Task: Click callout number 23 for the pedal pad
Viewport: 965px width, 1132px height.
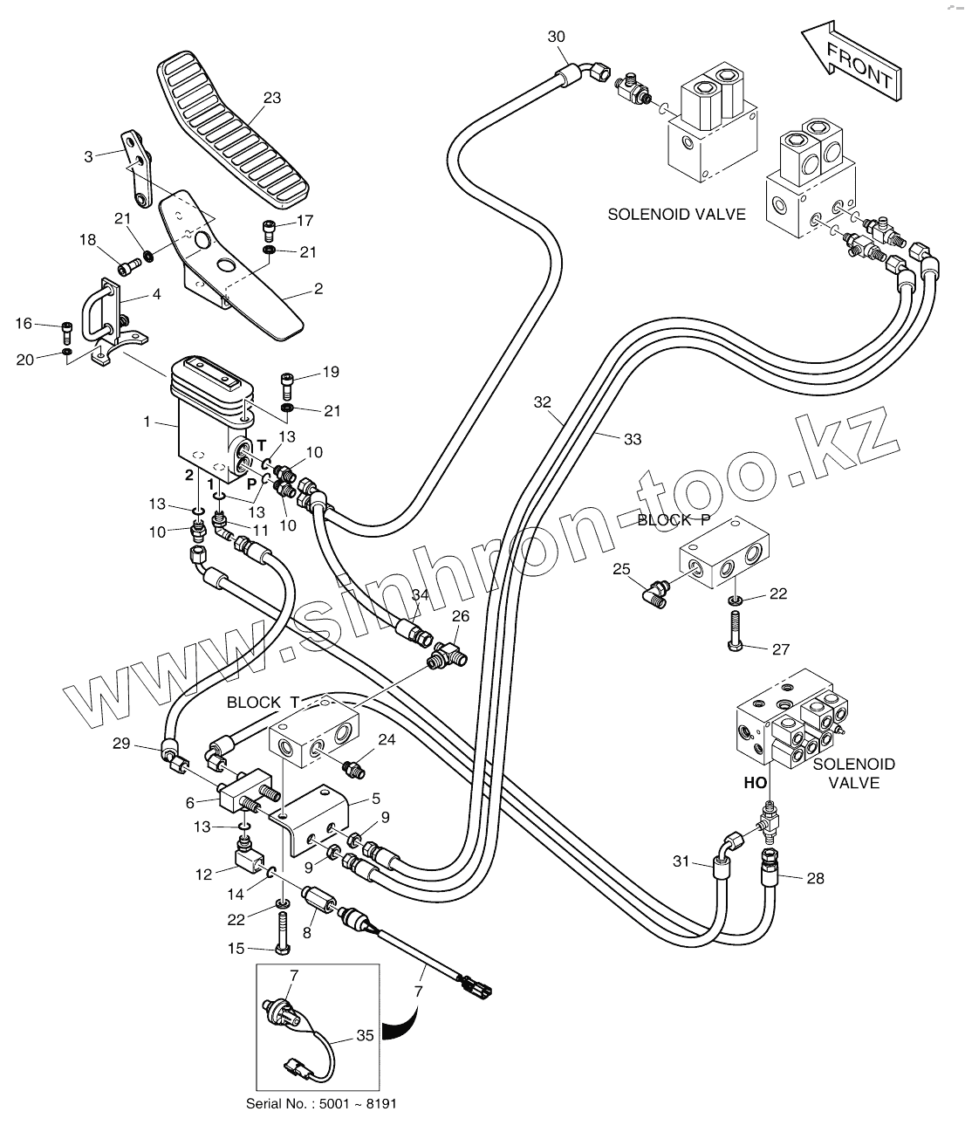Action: (x=271, y=98)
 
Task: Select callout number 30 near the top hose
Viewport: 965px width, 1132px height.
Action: (x=556, y=36)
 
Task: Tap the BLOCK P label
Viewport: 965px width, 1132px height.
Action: (x=671, y=520)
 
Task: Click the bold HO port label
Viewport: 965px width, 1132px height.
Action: (x=755, y=783)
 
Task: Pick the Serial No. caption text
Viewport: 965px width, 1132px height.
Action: (x=321, y=1103)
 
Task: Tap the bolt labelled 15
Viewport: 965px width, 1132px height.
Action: (x=281, y=933)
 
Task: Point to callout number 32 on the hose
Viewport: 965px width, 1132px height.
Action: (x=543, y=402)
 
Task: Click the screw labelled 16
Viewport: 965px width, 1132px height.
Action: (x=67, y=332)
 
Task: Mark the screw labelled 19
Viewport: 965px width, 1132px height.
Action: (x=287, y=382)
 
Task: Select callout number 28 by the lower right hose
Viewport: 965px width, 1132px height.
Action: (x=814, y=878)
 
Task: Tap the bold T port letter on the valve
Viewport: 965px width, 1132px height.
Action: (x=261, y=446)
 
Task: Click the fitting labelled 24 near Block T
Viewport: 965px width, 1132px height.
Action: (x=354, y=769)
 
